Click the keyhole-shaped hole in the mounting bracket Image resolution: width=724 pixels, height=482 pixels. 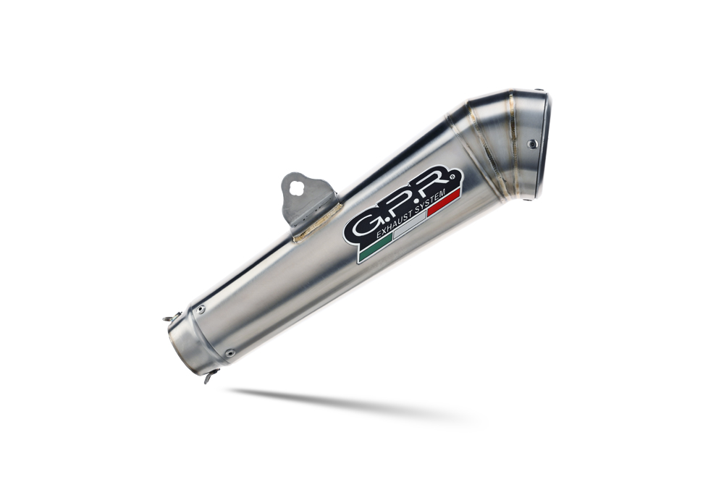pyautogui.click(x=295, y=187)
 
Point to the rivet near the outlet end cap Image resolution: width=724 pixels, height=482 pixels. pyautogui.click(x=532, y=144)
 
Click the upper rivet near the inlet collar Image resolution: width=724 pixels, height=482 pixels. pyautogui.click(x=201, y=309)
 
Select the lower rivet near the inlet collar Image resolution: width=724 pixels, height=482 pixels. pyautogui.click(x=230, y=353)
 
